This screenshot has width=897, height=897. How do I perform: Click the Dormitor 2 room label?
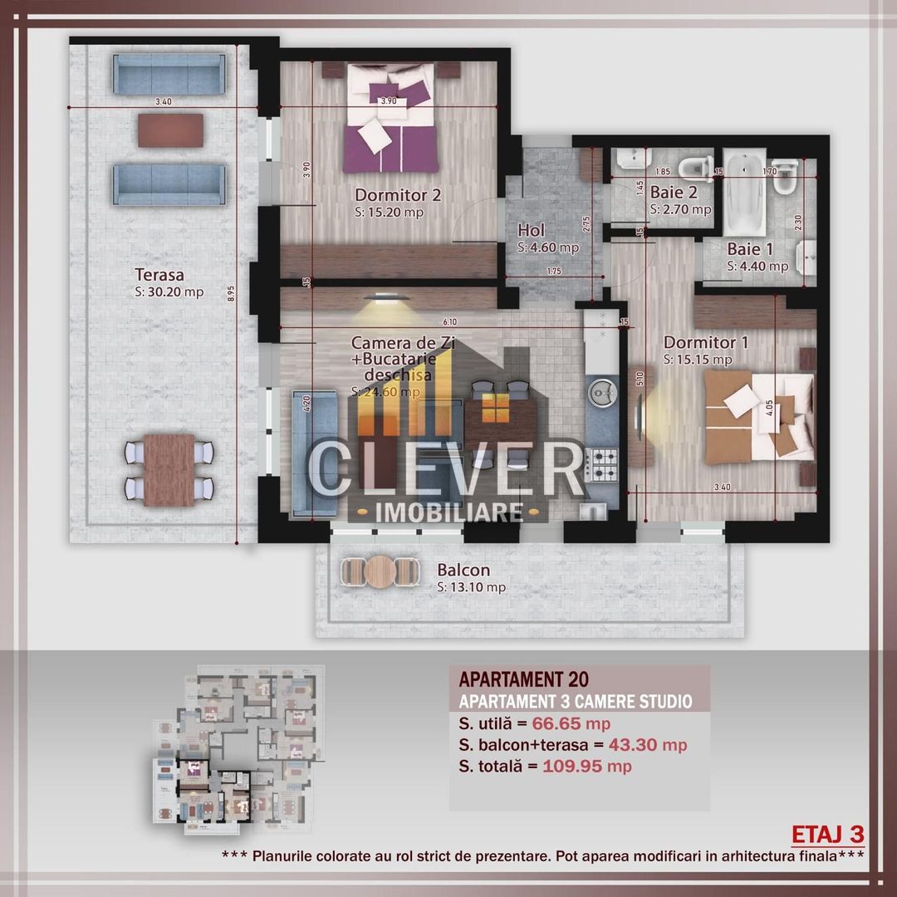398,195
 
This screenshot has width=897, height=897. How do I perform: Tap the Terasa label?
159,274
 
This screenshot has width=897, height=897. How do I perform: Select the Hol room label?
532,230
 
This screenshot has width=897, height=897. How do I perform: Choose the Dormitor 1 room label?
699,342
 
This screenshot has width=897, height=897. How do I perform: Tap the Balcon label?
463,571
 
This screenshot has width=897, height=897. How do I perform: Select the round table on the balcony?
381,571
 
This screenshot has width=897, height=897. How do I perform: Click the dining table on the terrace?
169,470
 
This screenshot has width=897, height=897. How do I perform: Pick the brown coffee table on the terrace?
170,130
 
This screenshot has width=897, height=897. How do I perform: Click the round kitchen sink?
600,390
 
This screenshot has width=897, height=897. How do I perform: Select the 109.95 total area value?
574,766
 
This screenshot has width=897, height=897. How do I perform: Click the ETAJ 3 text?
828,833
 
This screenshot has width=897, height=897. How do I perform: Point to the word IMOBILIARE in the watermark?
448,510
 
